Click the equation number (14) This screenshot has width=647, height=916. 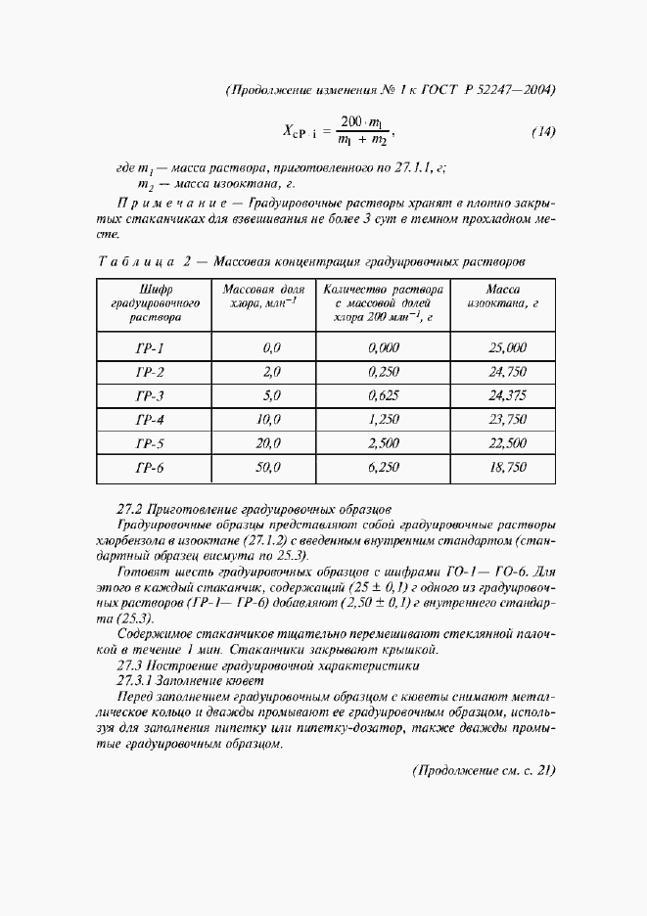[x=542, y=132]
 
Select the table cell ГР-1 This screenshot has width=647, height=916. [x=149, y=347]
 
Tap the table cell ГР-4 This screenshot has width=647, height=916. [x=149, y=419]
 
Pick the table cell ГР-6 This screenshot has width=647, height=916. [x=149, y=468]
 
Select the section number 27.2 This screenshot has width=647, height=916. [x=129, y=509]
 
